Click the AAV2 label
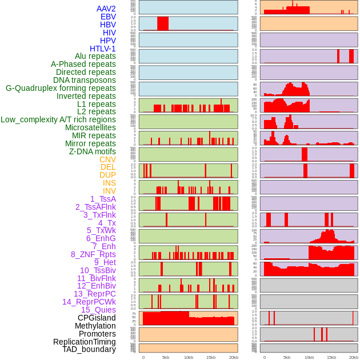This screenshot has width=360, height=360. point(106,9)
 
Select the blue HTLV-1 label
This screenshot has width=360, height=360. point(102,49)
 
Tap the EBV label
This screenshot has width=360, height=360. point(108,17)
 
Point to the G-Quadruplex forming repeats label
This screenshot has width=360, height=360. point(61,88)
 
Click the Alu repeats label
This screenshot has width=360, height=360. point(95,57)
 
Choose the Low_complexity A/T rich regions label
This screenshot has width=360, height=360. point(58,119)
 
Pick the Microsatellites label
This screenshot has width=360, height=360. point(90,127)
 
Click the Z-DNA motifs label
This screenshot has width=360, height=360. point(92,151)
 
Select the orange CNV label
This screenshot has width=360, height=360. point(107,159)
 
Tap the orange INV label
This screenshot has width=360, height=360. point(109,191)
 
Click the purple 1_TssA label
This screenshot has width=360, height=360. point(103,199)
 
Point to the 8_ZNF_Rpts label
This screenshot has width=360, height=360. point(93,254)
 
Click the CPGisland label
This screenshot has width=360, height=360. point(97,318)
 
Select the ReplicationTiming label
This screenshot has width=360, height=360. point(84,342)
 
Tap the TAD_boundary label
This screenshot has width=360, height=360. point(89,349)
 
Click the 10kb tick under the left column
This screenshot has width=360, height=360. point(188,357)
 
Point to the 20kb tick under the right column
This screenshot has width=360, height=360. point(354,357)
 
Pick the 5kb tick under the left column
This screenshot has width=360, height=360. point(166,357)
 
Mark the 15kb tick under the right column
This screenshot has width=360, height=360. point(331,357)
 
